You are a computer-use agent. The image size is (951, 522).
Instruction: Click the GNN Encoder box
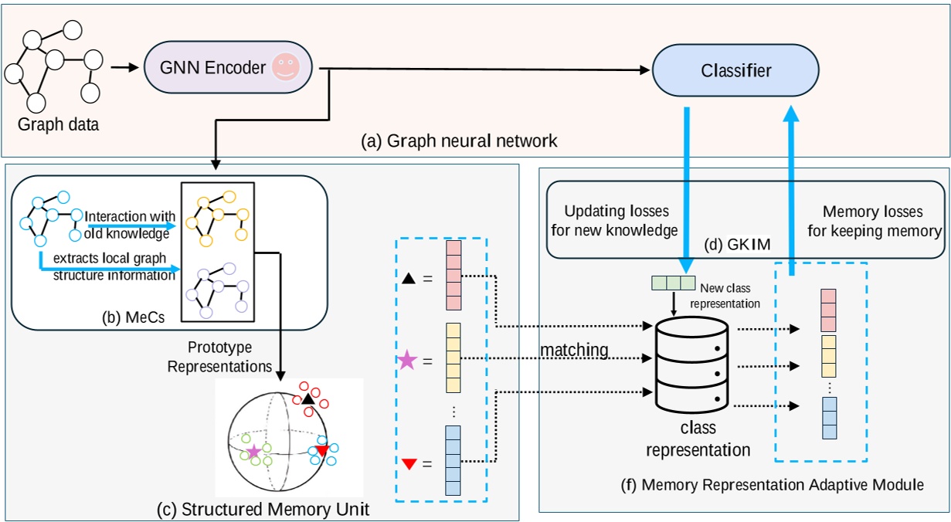tap(217, 68)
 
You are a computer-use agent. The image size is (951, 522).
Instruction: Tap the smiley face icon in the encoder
tap(284, 68)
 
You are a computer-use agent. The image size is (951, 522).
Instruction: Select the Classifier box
tap(735, 71)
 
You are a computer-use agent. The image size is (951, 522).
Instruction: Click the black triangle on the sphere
tap(307, 399)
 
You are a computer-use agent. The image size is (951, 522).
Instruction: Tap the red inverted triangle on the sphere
tap(322, 450)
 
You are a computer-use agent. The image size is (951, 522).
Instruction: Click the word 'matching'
tap(574, 351)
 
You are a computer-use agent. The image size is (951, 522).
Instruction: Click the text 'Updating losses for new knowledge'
tap(621, 220)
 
